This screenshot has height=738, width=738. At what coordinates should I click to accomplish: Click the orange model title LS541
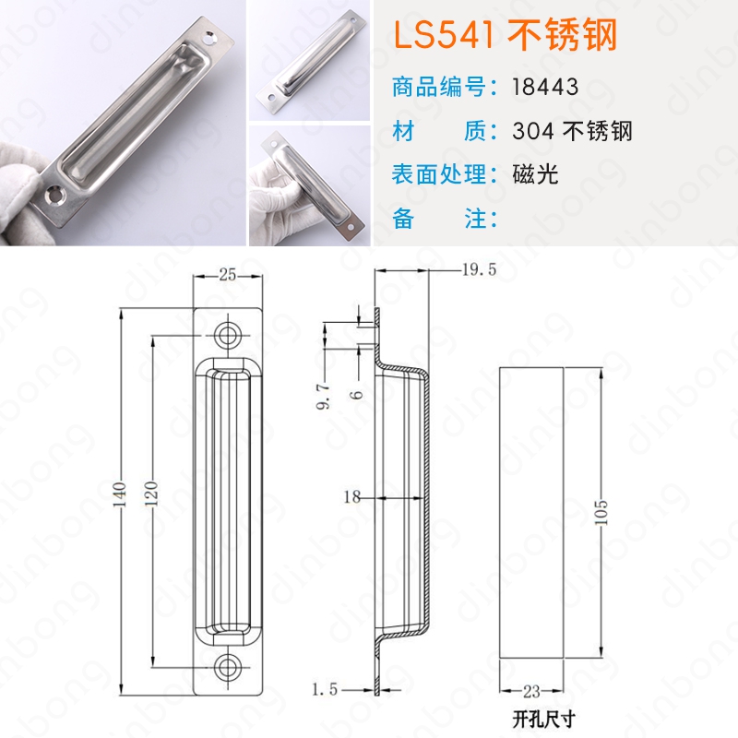444,35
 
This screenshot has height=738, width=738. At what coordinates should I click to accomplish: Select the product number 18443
545,87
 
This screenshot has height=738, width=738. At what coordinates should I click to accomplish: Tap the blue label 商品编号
439,87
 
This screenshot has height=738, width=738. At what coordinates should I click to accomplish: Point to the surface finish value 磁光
535,174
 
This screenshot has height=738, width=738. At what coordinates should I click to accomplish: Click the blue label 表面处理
439,174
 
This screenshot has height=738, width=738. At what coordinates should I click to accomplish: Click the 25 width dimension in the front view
227,275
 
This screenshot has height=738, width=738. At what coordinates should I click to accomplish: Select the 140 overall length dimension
121,494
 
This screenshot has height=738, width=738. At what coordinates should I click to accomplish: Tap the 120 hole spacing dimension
151,494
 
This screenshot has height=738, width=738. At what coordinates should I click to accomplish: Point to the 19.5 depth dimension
479,269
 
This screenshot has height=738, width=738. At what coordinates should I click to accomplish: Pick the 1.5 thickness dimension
325,689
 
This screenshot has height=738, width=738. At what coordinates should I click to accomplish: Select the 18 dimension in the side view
352,496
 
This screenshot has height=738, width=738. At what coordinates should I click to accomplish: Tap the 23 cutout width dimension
531,691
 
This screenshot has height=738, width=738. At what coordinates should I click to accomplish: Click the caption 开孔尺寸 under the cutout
544,720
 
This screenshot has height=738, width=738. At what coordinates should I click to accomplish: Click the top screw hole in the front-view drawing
228,336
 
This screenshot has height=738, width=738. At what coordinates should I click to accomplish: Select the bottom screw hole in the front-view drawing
228,667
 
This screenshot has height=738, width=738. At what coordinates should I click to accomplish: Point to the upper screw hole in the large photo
209,39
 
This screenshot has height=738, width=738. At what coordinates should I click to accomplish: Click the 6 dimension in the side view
359,395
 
